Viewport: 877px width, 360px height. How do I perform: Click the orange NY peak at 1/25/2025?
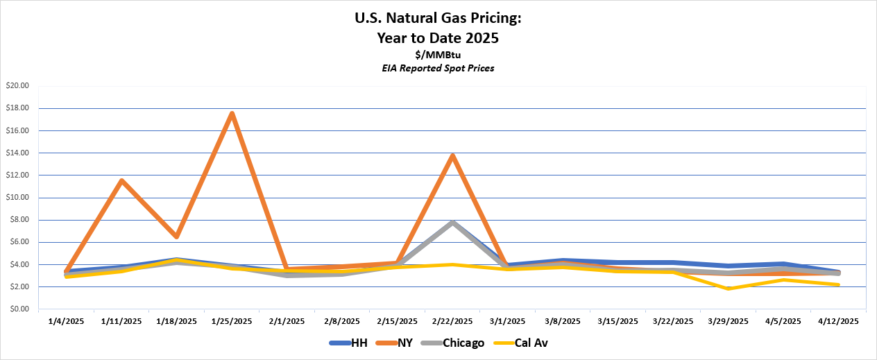point(232,114)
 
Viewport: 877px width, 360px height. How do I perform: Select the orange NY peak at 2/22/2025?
point(452,156)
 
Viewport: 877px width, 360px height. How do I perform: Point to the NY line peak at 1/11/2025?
point(121,181)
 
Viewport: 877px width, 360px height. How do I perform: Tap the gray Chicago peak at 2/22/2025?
point(452,223)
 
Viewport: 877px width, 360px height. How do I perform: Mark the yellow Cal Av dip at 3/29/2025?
point(729,288)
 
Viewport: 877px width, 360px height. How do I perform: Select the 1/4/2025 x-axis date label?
point(67,321)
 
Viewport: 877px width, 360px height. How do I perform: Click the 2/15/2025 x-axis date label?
point(398,321)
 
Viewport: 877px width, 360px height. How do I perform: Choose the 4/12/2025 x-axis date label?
point(839,321)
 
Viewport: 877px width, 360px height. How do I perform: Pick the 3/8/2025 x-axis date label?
point(563,321)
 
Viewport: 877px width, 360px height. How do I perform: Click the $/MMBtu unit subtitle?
point(438,55)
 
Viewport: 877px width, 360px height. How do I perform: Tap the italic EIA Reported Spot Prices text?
point(438,68)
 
